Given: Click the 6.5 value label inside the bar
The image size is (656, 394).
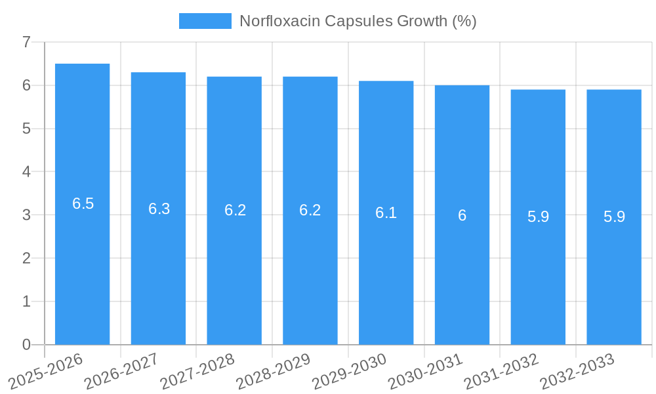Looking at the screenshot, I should [83, 204].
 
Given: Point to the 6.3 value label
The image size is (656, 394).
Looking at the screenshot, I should [159, 209].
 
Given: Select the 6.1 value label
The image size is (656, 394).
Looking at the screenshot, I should [386, 213].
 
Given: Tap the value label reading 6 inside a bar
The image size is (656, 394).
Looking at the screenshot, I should [462, 215].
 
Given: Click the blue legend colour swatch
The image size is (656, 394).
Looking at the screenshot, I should [205, 21].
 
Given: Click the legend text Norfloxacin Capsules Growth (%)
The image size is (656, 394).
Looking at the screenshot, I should [358, 21].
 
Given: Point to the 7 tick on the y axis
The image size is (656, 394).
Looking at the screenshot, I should [26, 42].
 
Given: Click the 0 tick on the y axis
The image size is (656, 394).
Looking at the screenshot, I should [26, 345].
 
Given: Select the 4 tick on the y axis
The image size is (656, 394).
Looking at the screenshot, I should [26, 171].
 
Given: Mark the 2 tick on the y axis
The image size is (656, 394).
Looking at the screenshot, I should [26, 258].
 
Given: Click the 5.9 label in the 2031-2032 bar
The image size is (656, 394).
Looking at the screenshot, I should [538, 217].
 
